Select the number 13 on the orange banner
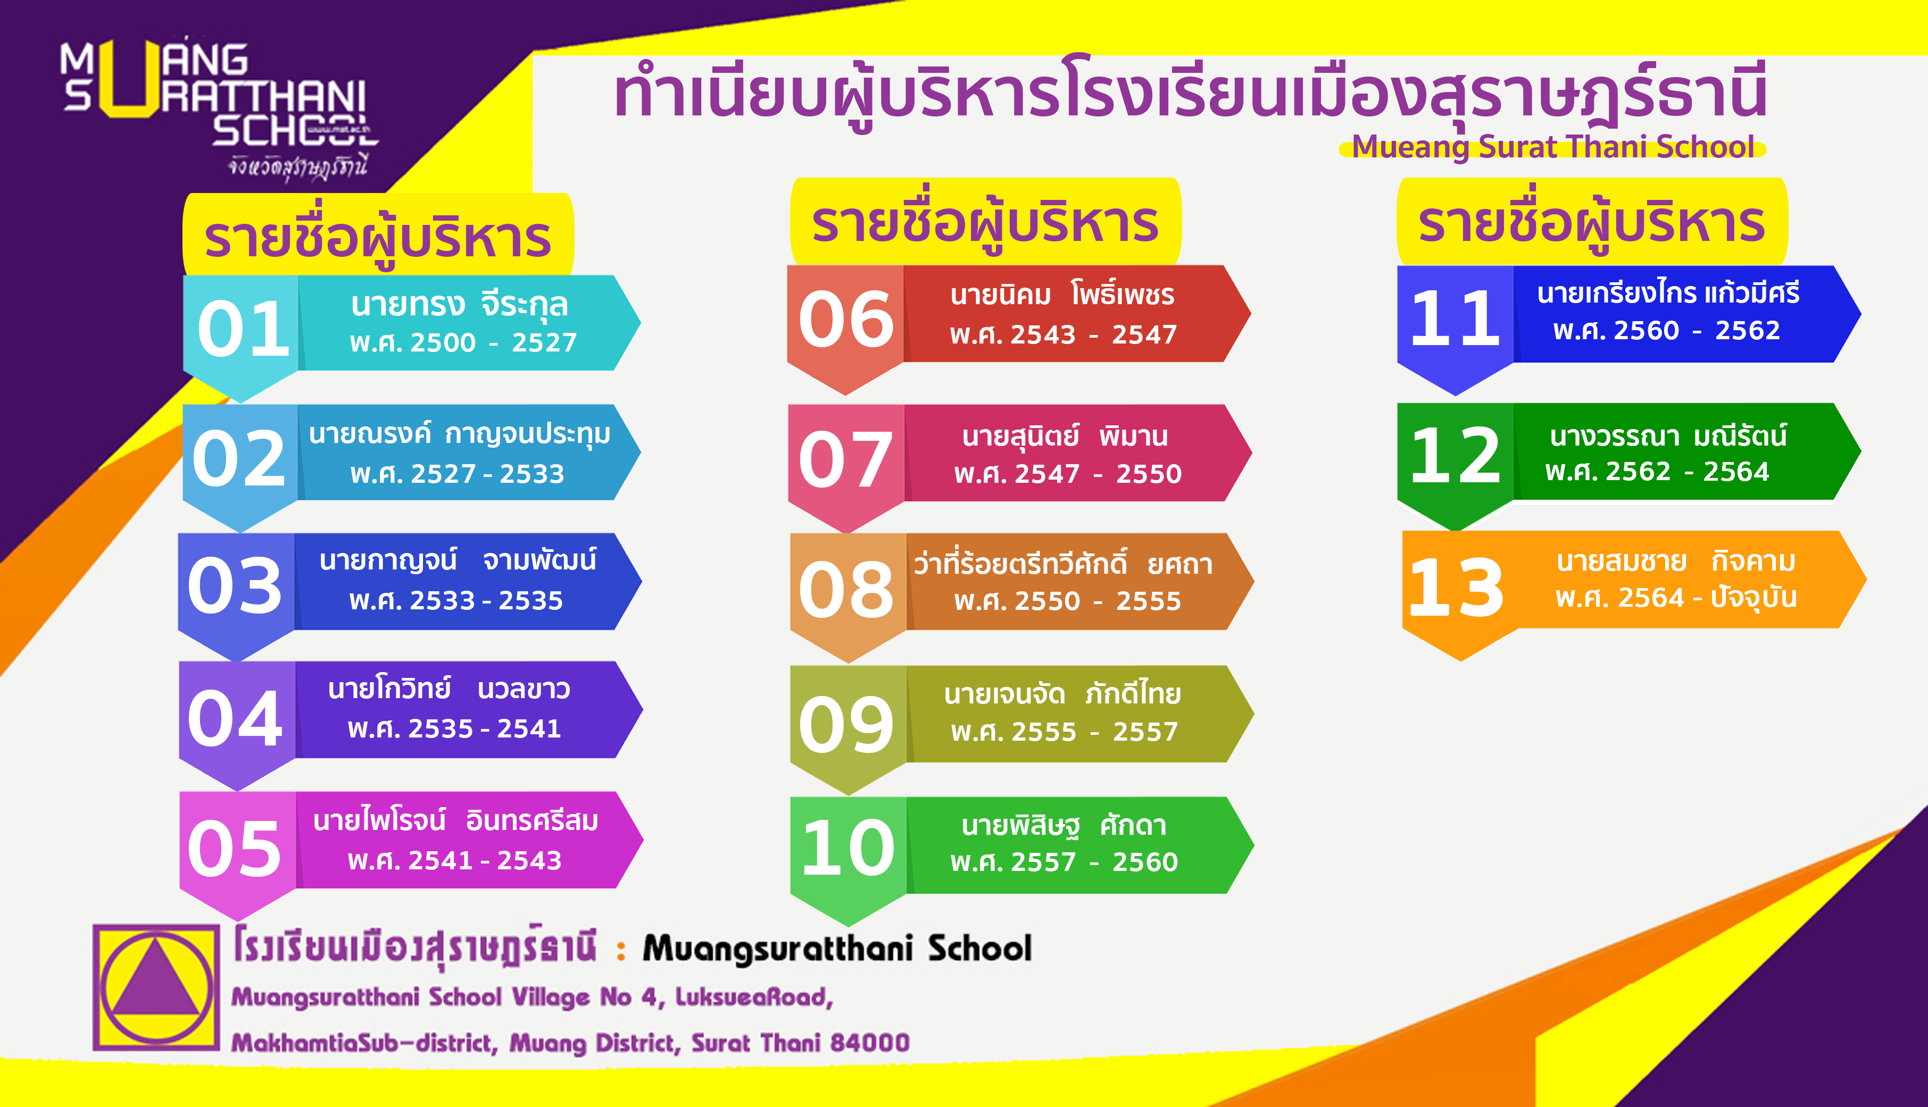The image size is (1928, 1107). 1456,587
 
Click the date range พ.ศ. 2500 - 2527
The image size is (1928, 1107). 463,342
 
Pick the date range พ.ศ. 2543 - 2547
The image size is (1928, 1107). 1063,334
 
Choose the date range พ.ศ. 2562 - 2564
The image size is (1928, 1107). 1657,472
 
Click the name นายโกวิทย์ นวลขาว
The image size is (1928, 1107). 448,689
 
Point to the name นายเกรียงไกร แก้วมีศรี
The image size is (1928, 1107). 1668,293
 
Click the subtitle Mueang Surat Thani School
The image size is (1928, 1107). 1553,147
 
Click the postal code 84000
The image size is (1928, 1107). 869,1042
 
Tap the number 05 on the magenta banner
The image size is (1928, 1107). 234,849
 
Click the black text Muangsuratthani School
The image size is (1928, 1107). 837,948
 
